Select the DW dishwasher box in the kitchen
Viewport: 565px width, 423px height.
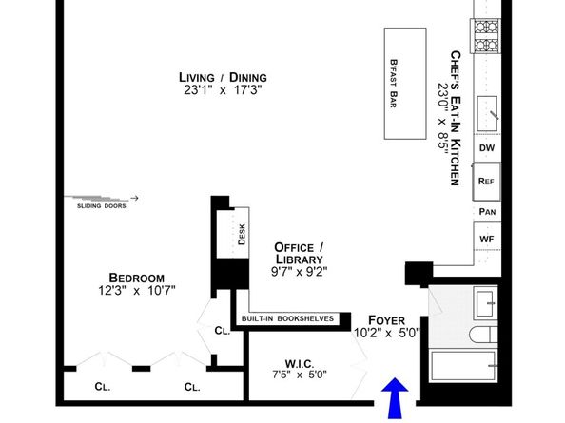[487, 148]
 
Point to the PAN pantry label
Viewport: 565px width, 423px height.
[487, 211]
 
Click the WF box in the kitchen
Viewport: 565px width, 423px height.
[487, 239]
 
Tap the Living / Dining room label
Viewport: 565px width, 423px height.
[223, 77]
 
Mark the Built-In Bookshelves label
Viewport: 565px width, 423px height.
[287, 318]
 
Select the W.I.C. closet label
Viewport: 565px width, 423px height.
[300, 361]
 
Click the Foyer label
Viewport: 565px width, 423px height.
[386, 320]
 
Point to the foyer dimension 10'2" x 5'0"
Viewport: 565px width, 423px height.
[386, 334]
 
